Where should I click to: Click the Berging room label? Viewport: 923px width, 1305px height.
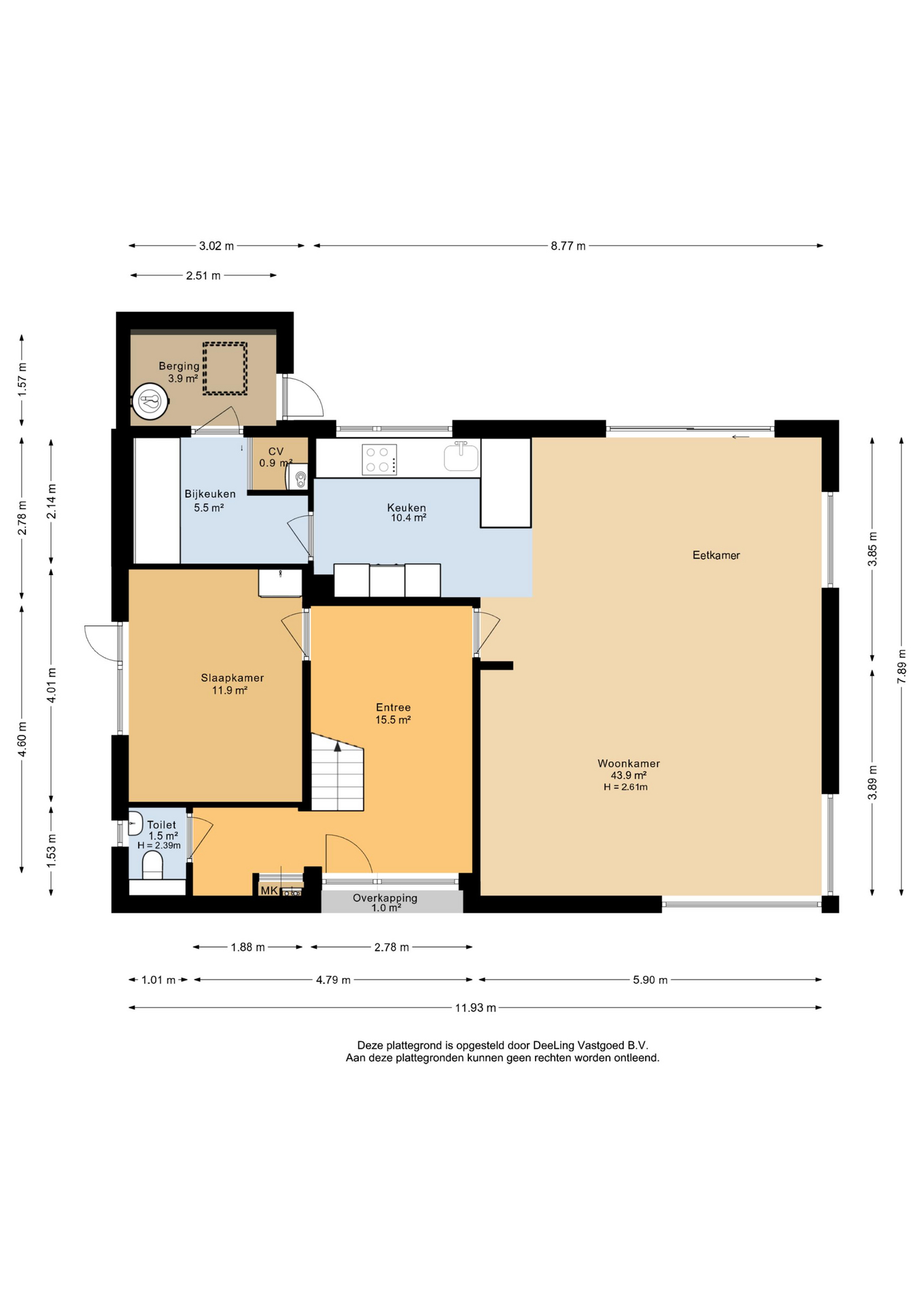pos(179,366)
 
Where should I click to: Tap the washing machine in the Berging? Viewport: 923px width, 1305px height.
pos(150,401)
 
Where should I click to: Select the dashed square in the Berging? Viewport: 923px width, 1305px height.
pos(225,368)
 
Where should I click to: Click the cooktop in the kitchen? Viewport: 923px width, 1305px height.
pos(379,459)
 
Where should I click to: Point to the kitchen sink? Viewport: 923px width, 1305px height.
pos(461,456)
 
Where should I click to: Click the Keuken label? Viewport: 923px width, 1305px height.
pos(406,507)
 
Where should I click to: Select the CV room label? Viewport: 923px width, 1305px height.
pos(276,451)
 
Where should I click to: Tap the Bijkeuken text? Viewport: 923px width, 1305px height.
pos(210,494)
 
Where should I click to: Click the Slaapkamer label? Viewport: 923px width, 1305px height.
pos(232,678)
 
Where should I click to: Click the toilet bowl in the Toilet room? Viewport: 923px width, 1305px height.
pos(153,865)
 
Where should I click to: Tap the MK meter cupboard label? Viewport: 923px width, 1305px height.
pos(269,890)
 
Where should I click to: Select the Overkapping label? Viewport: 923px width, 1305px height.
pos(385,898)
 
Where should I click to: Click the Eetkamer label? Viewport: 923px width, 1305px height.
pos(716,555)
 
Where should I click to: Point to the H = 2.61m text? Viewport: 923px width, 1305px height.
pos(625,787)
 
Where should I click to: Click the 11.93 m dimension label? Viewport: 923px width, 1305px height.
pos(475,1008)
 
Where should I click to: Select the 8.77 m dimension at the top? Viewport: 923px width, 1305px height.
pos(568,246)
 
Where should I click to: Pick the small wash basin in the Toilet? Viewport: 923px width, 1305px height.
pos(135,823)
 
